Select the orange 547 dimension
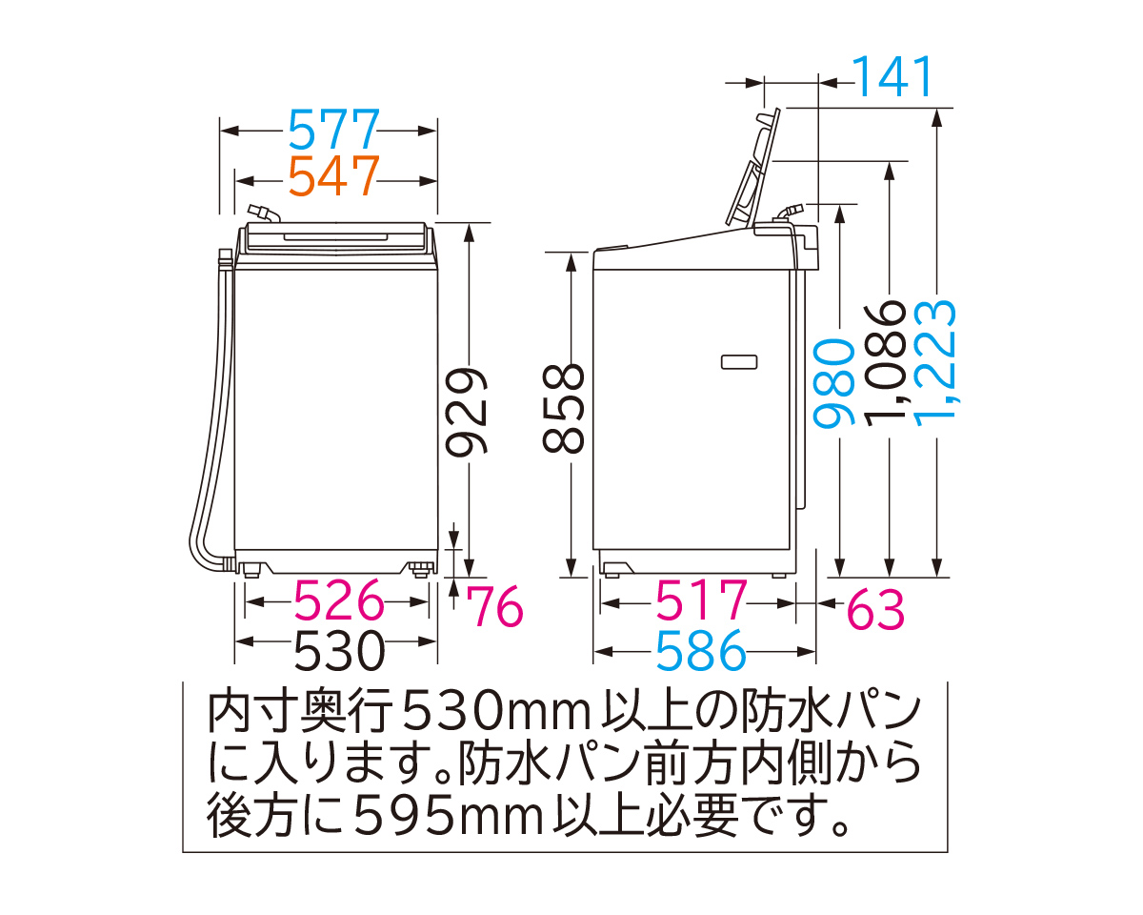click(x=333, y=177)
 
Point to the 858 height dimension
click(x=569, y=408)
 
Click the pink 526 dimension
click(x=338, y=602)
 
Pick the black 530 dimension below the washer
click(x=338, y=652)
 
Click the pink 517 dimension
click(x=701, y=602)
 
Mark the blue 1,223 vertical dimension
click(x=938, y=353)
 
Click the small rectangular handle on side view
click(x=739, y=361)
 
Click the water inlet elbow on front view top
click(x=259, y=213)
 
